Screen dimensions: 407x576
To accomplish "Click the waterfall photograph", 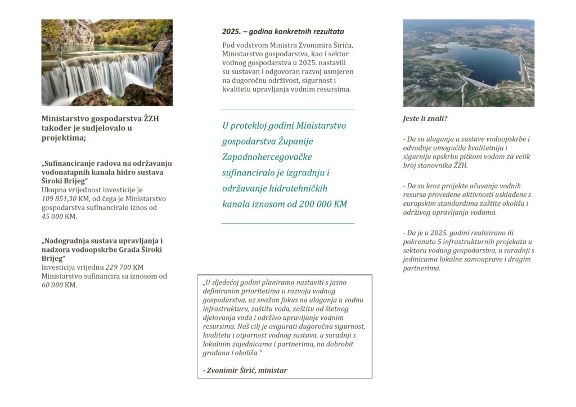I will (x=107, y=62).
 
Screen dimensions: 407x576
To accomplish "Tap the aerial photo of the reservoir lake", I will (x=469, y=63).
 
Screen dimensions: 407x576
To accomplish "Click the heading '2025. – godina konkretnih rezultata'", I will (x=283, y=31).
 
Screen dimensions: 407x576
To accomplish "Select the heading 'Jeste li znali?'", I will (x=425, y=119).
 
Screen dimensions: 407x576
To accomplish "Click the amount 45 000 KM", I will (x=59, y=216).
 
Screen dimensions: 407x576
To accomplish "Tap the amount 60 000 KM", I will (x=59, y=285).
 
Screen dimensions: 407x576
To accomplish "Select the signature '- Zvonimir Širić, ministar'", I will (x=245, y=370).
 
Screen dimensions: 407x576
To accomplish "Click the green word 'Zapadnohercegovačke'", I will (x=267, y=157).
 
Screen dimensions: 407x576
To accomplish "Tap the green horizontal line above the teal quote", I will (x=288, y=110).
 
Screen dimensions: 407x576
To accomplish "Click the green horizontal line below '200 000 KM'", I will (x=288, y=224).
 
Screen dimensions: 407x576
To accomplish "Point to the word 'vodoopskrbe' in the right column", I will (x=505, y=139).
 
